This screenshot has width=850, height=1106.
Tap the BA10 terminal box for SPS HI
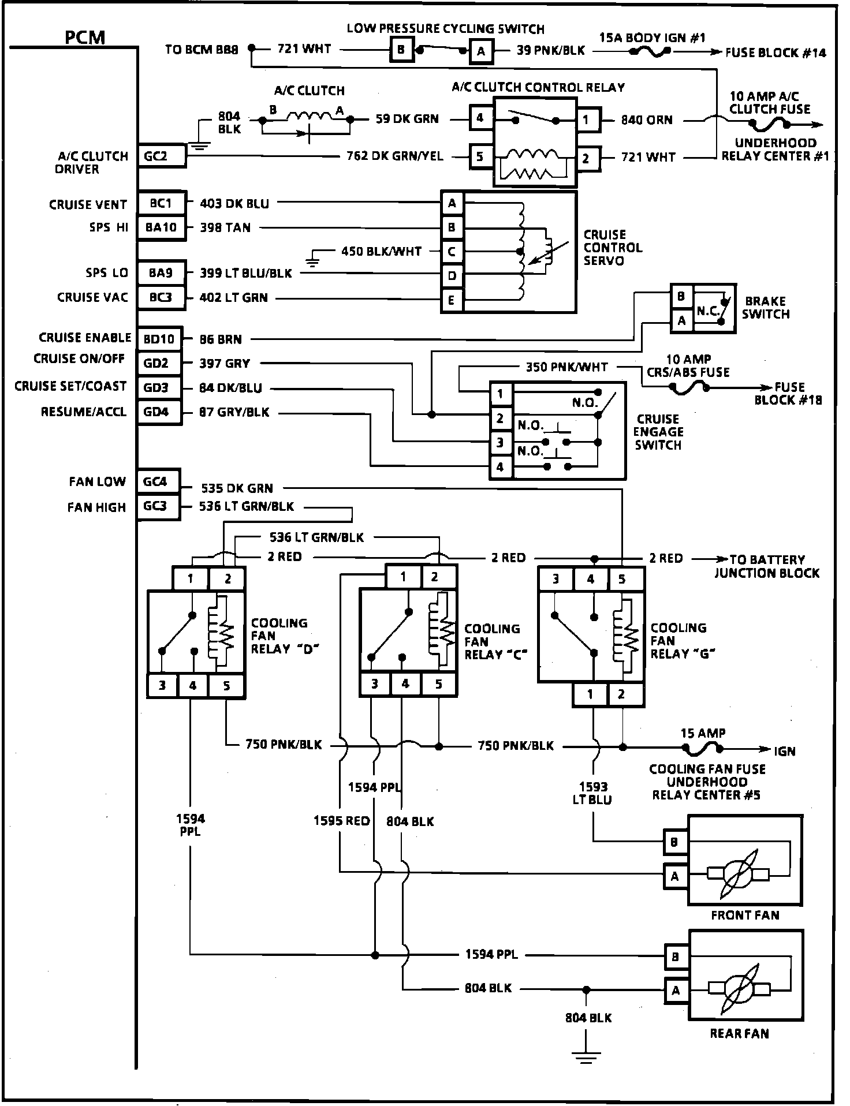point(162,227)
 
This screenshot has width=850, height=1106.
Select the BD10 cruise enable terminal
point(159,339)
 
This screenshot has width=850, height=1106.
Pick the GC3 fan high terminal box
point(156,507)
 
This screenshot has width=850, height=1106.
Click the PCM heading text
point(85,38)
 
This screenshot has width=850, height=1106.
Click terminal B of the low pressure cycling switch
point(400,50)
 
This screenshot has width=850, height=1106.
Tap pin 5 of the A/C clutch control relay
point(480,156)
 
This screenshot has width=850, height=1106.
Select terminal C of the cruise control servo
point(452,252)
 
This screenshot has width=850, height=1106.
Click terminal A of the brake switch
point(681,321)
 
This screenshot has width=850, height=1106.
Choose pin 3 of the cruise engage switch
point(500,443)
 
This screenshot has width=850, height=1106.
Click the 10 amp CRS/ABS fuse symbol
point(689,388)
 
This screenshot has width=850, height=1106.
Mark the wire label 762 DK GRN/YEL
point(394,156)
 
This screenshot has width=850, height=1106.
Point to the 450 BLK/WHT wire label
point(381,252)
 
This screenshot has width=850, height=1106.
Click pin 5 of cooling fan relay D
point(226,686)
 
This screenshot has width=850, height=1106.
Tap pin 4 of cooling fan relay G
point(590,579)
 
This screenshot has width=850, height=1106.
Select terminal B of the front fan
point(674,843)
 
